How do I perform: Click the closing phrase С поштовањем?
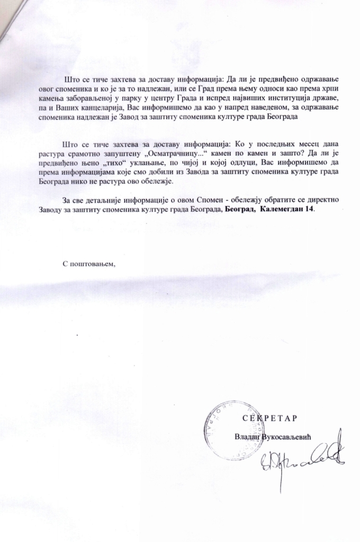88,263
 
